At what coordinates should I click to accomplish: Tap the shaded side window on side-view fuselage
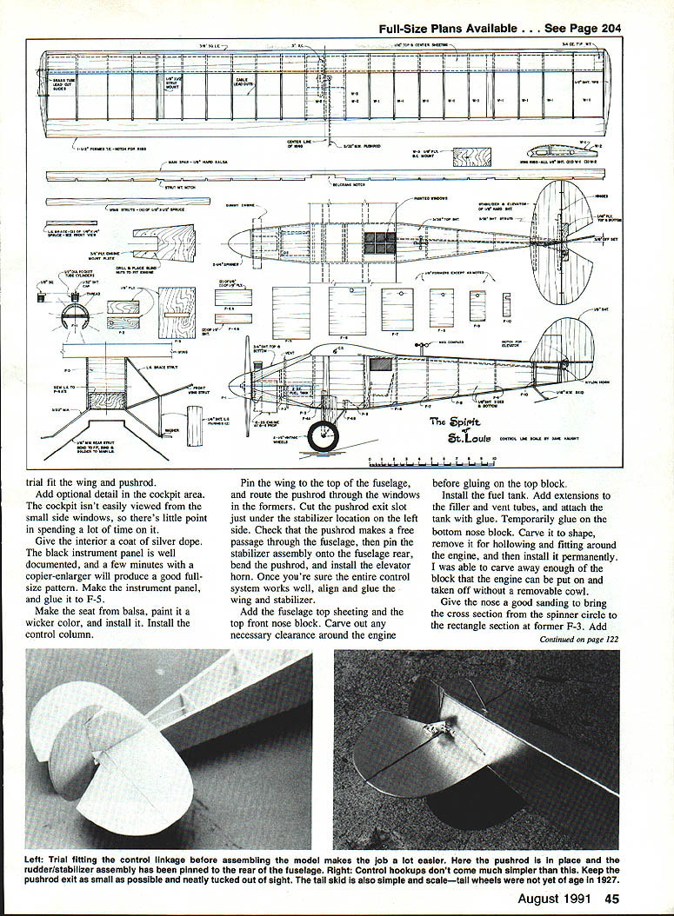click(380, 364)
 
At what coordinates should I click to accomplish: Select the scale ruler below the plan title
click(431, 457)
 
